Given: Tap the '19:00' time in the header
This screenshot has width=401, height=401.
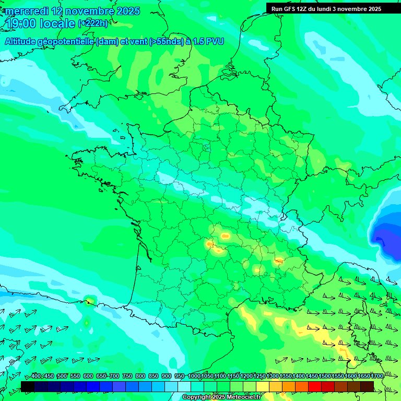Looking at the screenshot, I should pos(20,24).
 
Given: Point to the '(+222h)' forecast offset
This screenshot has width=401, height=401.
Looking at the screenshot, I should pos(93,23).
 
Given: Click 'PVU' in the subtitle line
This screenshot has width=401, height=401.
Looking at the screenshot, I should pos(215,41).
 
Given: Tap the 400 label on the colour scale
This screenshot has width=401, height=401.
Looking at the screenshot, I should pos(36,376).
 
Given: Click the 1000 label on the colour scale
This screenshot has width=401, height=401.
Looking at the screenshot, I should pos(194,376).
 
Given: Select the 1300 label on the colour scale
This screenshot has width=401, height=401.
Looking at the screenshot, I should pos(273,376).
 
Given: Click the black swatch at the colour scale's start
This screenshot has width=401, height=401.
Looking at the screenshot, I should pos(28,386).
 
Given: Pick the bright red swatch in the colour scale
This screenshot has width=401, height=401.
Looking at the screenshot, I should pos(315,386).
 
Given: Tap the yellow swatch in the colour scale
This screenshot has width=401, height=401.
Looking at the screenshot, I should pos(263,386).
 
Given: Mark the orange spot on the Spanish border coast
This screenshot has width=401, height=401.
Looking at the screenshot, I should pos(88,301).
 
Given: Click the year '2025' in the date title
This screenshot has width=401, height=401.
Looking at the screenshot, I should pos(128,11).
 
